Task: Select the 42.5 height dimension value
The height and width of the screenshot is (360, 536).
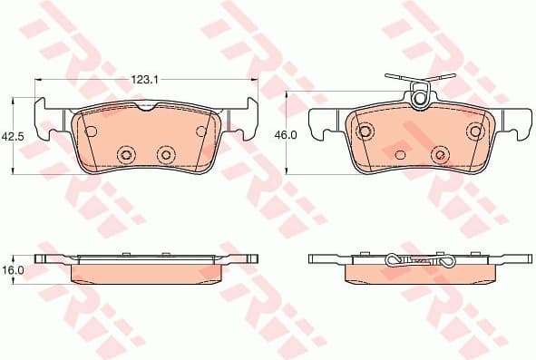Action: pos(12,136)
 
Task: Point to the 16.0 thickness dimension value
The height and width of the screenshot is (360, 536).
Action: pos(12,270)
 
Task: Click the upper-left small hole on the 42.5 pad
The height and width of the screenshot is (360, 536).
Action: pos(91,131)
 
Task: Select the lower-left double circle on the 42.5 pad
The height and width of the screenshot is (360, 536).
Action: pos(125,155)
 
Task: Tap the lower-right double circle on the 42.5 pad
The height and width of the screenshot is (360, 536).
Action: pos(166,155)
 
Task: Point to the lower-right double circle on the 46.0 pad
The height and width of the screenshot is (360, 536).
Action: pos(440,155)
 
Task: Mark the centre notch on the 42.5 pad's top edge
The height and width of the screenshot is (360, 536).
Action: pos(146,109)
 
